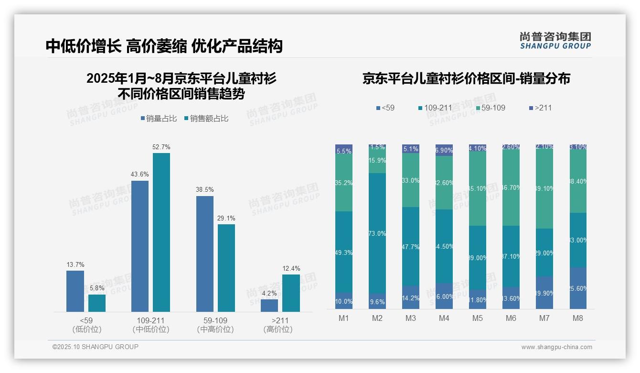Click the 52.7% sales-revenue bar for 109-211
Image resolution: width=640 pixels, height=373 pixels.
click(x=161, y=232)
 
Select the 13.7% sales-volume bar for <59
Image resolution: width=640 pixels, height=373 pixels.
click(x=75, y=291)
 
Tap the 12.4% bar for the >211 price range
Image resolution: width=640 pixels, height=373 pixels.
click(x=291, y=293)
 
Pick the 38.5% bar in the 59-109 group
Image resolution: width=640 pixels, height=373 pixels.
click(x=204, y=253)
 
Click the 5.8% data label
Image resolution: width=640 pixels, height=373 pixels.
click(x=97, y=288)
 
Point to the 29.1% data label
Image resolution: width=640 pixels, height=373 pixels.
click(x=226, y=218)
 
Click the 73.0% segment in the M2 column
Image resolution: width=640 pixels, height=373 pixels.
click(x=377, y=233)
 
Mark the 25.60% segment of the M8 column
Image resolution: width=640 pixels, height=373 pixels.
click(x=578, y=288)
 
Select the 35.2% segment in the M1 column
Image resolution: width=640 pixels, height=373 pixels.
click(x=344, y=183)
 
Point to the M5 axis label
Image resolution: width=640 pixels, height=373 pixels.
click(x=477, y=318)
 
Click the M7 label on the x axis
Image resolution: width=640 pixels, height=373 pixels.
click(x=544, y=318)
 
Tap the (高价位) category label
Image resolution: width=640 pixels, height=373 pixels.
click(x=277, y=329)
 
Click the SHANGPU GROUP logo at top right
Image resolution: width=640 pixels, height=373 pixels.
click(x=555, y=41)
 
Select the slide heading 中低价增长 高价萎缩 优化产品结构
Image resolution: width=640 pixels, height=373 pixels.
click(x=164, y=46)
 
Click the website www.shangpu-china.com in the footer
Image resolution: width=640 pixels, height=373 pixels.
click(x=556, y=347)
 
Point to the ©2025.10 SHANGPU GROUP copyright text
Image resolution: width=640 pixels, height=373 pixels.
click(x=96, y=347)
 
